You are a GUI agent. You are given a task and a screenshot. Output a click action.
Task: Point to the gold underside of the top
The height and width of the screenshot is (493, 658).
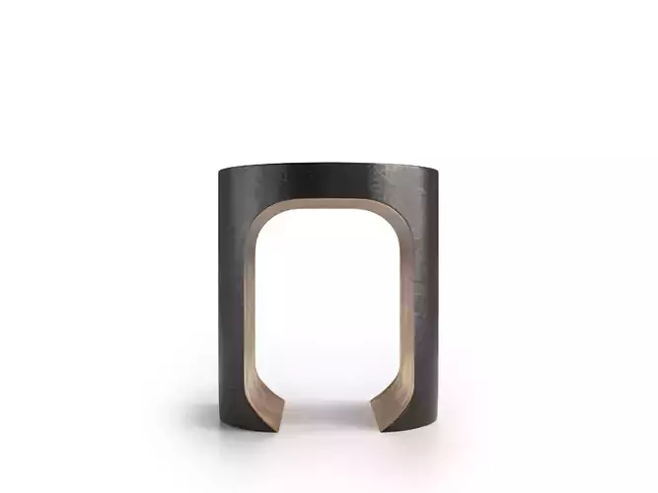click(329, 206)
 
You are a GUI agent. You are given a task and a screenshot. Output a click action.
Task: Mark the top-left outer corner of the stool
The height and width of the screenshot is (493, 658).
click(220, 170)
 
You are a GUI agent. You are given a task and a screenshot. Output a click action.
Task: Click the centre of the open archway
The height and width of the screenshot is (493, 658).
click(329, 306)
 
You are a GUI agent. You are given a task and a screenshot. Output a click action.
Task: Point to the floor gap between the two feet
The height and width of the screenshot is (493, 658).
click(329, 409)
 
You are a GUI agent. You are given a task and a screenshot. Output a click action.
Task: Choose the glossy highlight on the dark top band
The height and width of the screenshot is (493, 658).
click(306, 176)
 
